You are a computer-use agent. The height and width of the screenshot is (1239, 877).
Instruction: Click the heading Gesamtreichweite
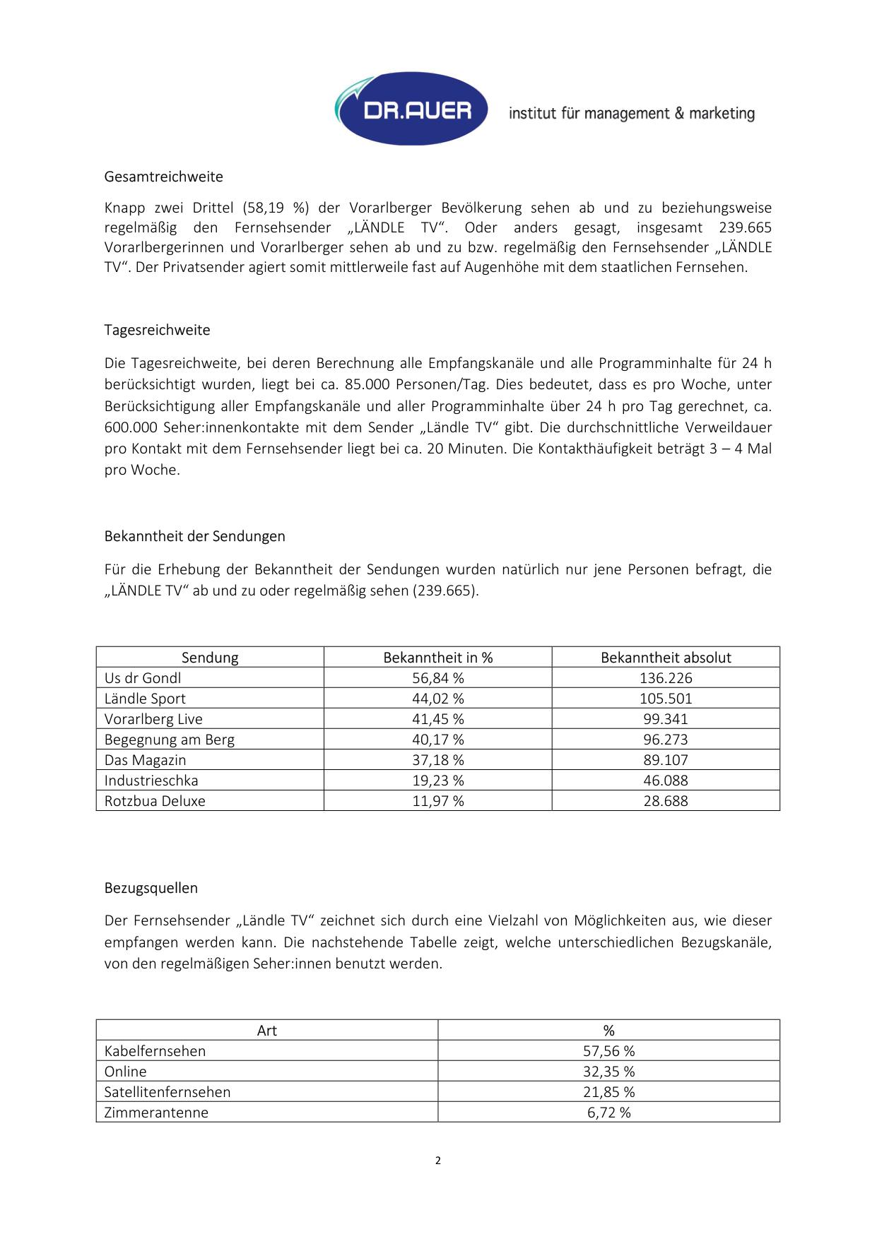point(163,177)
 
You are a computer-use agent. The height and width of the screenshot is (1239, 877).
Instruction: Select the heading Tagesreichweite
point(157,330)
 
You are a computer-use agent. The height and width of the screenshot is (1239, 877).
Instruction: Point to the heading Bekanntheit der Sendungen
point(194,536)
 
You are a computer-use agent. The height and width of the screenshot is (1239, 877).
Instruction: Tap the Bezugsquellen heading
point(151,888)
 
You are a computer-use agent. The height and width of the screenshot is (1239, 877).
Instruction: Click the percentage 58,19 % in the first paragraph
point(276,208)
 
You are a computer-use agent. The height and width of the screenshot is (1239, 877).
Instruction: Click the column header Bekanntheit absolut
point(666,658)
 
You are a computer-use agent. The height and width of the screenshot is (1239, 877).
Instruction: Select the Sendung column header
point(210,658)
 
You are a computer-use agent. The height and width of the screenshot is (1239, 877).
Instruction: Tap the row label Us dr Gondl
point(143,678)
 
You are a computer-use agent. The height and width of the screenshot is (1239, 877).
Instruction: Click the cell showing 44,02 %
point(438,699)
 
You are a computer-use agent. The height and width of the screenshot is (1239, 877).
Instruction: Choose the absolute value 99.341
point(666,719)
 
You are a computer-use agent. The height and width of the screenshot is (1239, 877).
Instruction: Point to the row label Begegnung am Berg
point(170,740)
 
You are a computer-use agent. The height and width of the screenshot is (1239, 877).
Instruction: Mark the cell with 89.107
point(666,760)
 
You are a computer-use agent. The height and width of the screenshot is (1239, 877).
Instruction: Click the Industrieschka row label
point(151,781)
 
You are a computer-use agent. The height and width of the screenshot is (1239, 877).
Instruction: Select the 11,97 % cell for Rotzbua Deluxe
point(438,801)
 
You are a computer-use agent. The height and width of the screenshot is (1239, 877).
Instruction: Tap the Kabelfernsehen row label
point(155,1051)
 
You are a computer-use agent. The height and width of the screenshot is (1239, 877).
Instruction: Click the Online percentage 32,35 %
point(608,1072)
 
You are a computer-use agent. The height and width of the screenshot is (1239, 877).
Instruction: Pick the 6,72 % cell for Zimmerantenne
point(608,1113)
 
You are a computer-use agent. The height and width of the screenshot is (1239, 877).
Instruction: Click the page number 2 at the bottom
point(438,1160)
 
